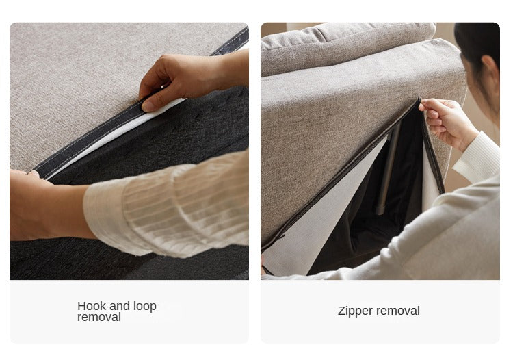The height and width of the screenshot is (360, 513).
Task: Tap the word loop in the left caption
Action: pos(145,307)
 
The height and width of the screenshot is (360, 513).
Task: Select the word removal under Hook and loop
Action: pos(99,317)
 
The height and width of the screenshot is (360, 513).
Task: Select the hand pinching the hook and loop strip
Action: pos(183,79)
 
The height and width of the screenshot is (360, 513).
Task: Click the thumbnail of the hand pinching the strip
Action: pos(150,106)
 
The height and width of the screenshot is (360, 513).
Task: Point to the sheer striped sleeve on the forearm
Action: pos(167,206)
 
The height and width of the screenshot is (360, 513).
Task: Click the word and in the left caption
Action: pos(120,307)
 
